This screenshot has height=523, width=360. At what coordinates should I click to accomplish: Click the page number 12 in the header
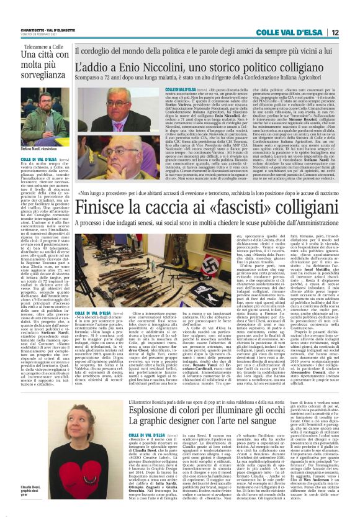pyautogui.click(x=352, y=32)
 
